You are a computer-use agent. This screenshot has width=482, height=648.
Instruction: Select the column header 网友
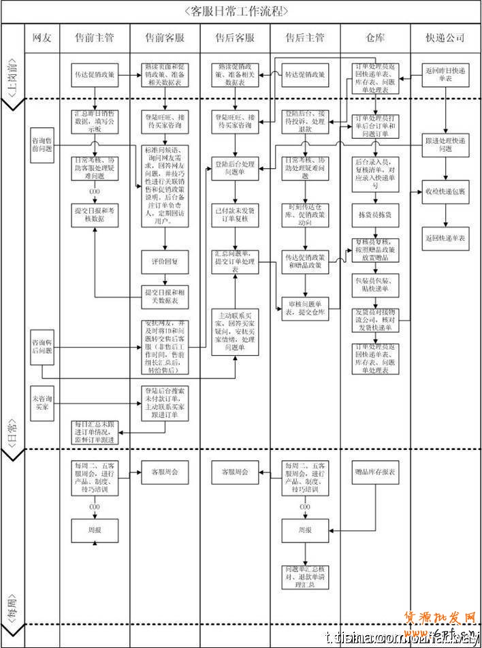42,37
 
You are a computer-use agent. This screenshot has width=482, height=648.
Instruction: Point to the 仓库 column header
375,37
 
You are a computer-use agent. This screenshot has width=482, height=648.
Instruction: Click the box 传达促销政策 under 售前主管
95,74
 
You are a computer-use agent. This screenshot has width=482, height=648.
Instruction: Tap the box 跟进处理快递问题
445,145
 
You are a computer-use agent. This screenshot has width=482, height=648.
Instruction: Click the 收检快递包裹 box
445,192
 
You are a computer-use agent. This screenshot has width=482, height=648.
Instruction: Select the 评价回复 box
164,261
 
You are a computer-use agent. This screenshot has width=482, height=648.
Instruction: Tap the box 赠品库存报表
375,470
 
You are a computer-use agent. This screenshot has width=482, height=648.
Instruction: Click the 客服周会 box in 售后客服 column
234,470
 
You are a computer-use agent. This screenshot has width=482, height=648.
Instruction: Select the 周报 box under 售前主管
95,529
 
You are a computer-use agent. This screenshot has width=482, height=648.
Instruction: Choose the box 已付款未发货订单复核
234,214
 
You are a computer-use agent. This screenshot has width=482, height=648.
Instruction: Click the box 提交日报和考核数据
95,214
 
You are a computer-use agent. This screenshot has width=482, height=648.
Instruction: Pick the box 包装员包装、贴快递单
375,284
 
